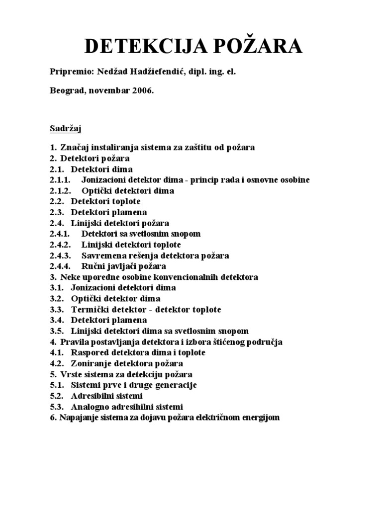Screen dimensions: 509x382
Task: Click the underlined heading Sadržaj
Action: [x=66, y=129]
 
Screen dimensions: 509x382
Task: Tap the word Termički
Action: [x=89, y=309]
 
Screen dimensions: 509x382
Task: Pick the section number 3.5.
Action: [x=57, y=331]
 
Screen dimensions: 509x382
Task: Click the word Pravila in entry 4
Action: [x=74, y=341]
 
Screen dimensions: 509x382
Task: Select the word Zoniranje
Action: [x=91, y=363]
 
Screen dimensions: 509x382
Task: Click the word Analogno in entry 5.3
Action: [x=89, y=407]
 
